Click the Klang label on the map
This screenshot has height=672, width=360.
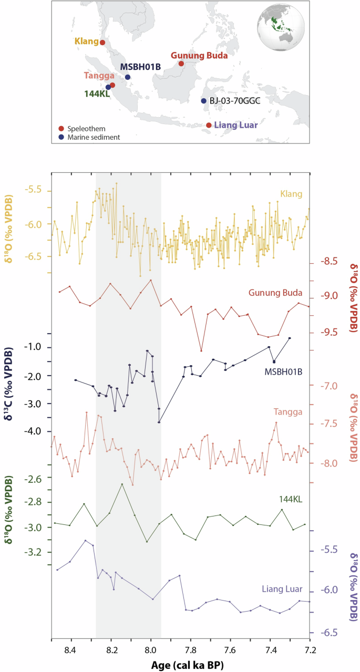(86, 41)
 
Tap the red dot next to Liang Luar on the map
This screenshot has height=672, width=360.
(209, 125)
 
